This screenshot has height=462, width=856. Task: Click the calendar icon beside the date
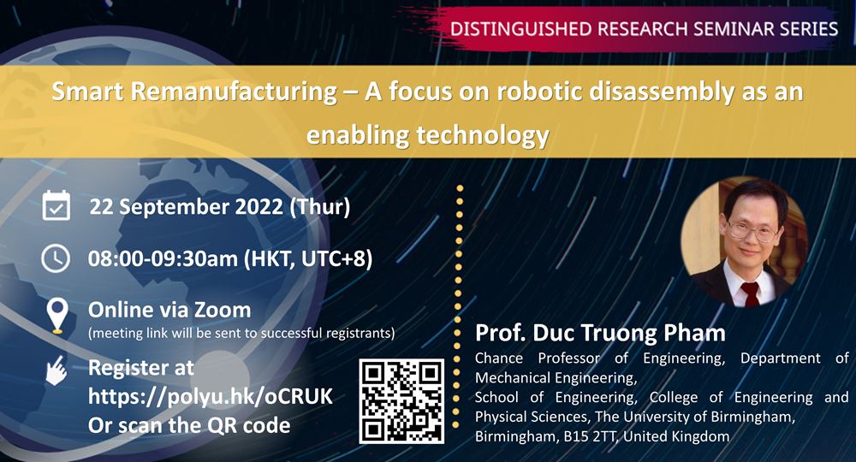click(x=56, y=206)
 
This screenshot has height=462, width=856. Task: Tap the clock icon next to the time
click(x=56, y=258)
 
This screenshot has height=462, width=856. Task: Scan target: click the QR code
click(x=401, y=400)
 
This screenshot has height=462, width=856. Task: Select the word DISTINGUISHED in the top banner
click(x=519, y=28)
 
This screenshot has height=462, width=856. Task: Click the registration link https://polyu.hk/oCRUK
click(x=210, y=397)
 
